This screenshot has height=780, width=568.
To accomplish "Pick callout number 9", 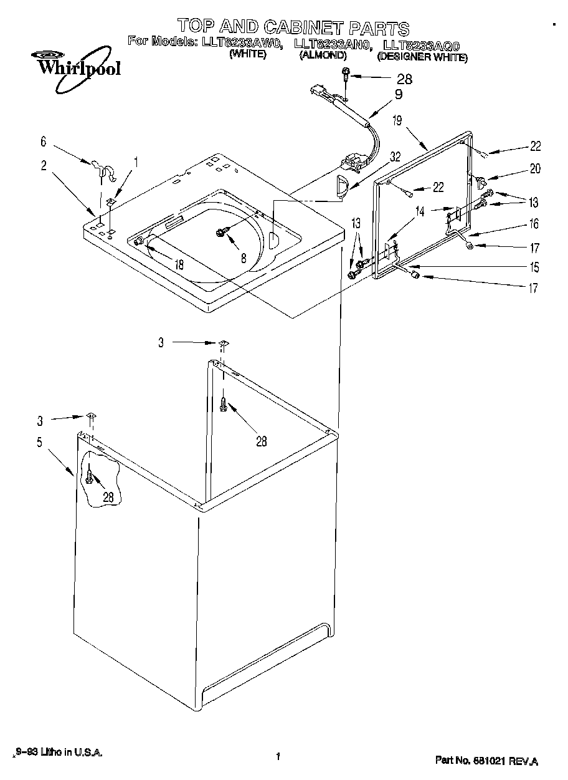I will click(x=399, y=95).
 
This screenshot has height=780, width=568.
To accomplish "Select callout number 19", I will click(x=397, y=122).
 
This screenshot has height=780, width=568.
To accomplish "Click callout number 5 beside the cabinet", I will click(x=39, y=443).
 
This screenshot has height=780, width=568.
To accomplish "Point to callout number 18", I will click(x=179, y=264).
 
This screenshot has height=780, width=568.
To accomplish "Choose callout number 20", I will click(x=535, y=168).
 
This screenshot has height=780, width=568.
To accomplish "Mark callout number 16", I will click(x=534, y=224).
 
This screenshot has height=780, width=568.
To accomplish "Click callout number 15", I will click(x=534, y=268).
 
